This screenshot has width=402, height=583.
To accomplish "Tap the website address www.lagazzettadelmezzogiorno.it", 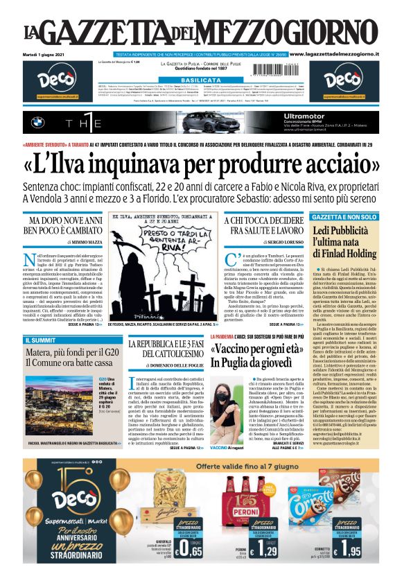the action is [x=341, y=54].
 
